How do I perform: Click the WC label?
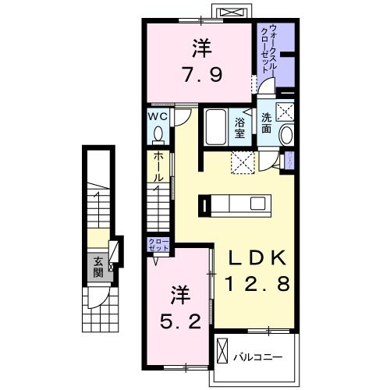click(159, 117)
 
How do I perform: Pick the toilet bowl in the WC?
click(159, 134)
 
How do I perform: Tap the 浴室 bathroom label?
click(240, 126)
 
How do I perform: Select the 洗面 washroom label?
click(266, 122)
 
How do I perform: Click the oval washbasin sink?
click(285, 134)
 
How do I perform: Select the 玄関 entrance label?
click(98, 267)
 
